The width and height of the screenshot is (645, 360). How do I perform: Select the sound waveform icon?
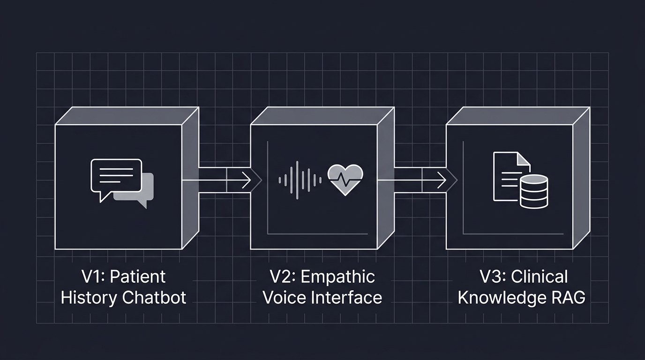300,179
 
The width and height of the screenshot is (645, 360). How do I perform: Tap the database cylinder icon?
534,191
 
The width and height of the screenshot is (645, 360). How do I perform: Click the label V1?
94,277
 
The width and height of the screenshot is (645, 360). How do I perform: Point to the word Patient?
137,277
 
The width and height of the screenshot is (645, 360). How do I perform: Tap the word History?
89,298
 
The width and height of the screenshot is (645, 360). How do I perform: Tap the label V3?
492,277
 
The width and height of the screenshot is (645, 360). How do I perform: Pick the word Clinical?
539,277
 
